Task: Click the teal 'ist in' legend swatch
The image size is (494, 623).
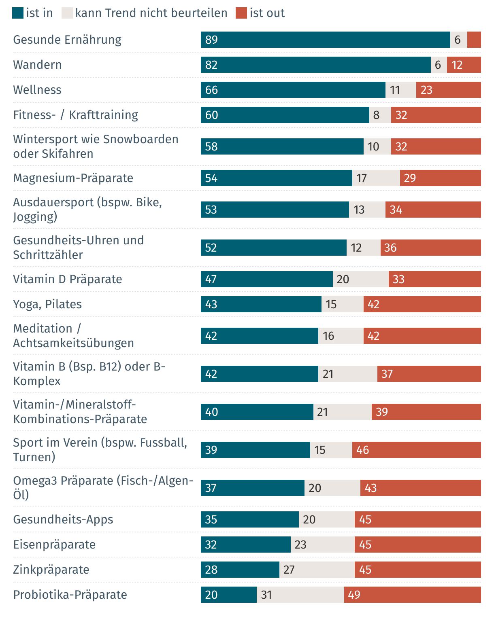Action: tap(18, 13)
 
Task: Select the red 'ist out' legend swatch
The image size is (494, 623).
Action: tap(241, 13)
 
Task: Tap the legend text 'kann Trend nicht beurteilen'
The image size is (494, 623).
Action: tap(151, 13)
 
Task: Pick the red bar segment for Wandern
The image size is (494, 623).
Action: tap(464, 65)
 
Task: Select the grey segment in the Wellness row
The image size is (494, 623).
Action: tap(400, 90)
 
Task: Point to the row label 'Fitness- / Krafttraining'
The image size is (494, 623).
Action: tap(75, 115)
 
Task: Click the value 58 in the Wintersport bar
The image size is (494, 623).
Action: tap(211, 146)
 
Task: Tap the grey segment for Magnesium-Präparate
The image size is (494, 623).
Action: tap(376, 178)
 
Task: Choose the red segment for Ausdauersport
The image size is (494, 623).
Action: tap(433, 210)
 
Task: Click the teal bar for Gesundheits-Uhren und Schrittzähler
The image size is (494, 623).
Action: tap(273, 248)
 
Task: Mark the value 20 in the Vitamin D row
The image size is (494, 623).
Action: tap(343, 279)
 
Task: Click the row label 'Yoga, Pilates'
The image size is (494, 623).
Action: tap(47, 304)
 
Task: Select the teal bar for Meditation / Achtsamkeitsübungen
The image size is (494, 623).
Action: tap(259, 336)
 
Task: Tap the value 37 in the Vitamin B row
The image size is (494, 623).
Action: tap(387, 374)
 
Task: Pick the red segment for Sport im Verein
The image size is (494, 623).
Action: tap(416, 450)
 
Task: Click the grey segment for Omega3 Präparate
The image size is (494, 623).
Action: tap(332, 488)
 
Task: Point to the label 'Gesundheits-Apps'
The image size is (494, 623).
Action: tap(63, 519)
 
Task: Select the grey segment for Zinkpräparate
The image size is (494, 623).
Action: tap(317, 570)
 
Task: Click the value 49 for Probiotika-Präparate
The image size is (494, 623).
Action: tap(354, 595)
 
